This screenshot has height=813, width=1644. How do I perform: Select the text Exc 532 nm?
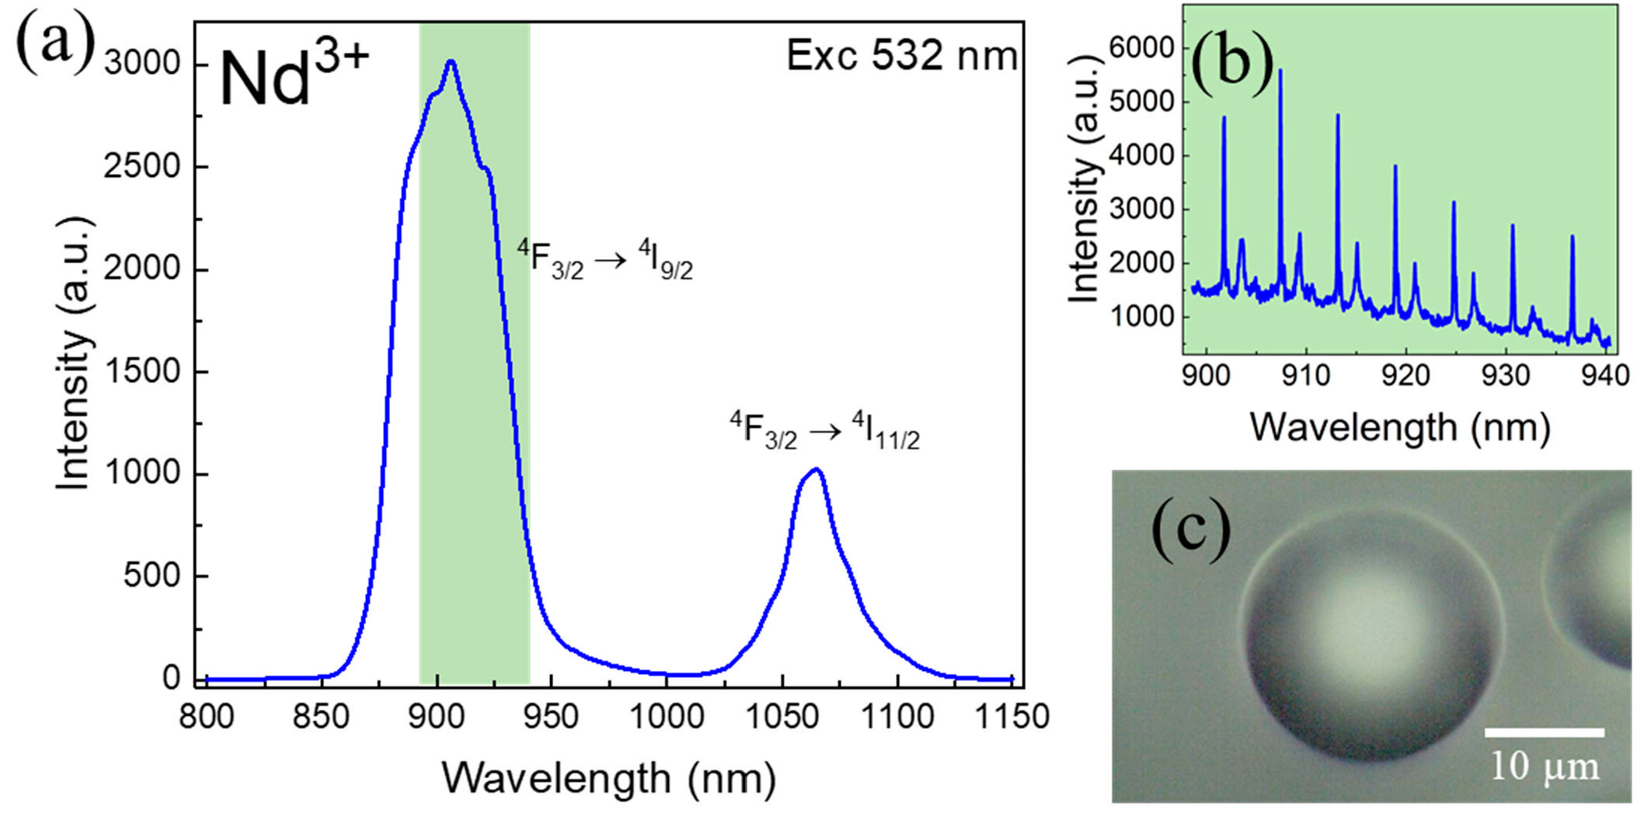[901, 56]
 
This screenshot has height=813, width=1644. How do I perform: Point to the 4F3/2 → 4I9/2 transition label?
[604, 259]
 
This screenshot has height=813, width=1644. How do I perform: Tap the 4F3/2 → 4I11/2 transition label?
[824, 430]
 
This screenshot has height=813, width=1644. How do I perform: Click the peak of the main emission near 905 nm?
[451, 62]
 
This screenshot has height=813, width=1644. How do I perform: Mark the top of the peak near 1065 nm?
[815, 470]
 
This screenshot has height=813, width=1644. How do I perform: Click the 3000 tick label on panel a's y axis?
[142, 63]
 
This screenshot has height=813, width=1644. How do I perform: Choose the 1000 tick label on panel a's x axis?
[666, 716]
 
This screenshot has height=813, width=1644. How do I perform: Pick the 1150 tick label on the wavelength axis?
[1011, 716]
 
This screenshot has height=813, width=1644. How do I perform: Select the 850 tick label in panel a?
[321, 716]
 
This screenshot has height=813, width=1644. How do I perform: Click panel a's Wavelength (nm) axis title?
[608, 778]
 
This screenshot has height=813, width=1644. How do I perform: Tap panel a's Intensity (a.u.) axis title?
[74, 353]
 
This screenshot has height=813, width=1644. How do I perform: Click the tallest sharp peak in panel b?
[1280, 71]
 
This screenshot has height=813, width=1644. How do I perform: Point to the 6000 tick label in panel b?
[1141, 48]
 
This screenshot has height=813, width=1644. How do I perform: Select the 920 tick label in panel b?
[1405, 376]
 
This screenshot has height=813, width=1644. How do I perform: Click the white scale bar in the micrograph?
[1544, 732]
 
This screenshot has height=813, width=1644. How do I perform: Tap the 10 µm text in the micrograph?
[1545, 766]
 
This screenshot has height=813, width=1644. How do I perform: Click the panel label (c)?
[1189, 530]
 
